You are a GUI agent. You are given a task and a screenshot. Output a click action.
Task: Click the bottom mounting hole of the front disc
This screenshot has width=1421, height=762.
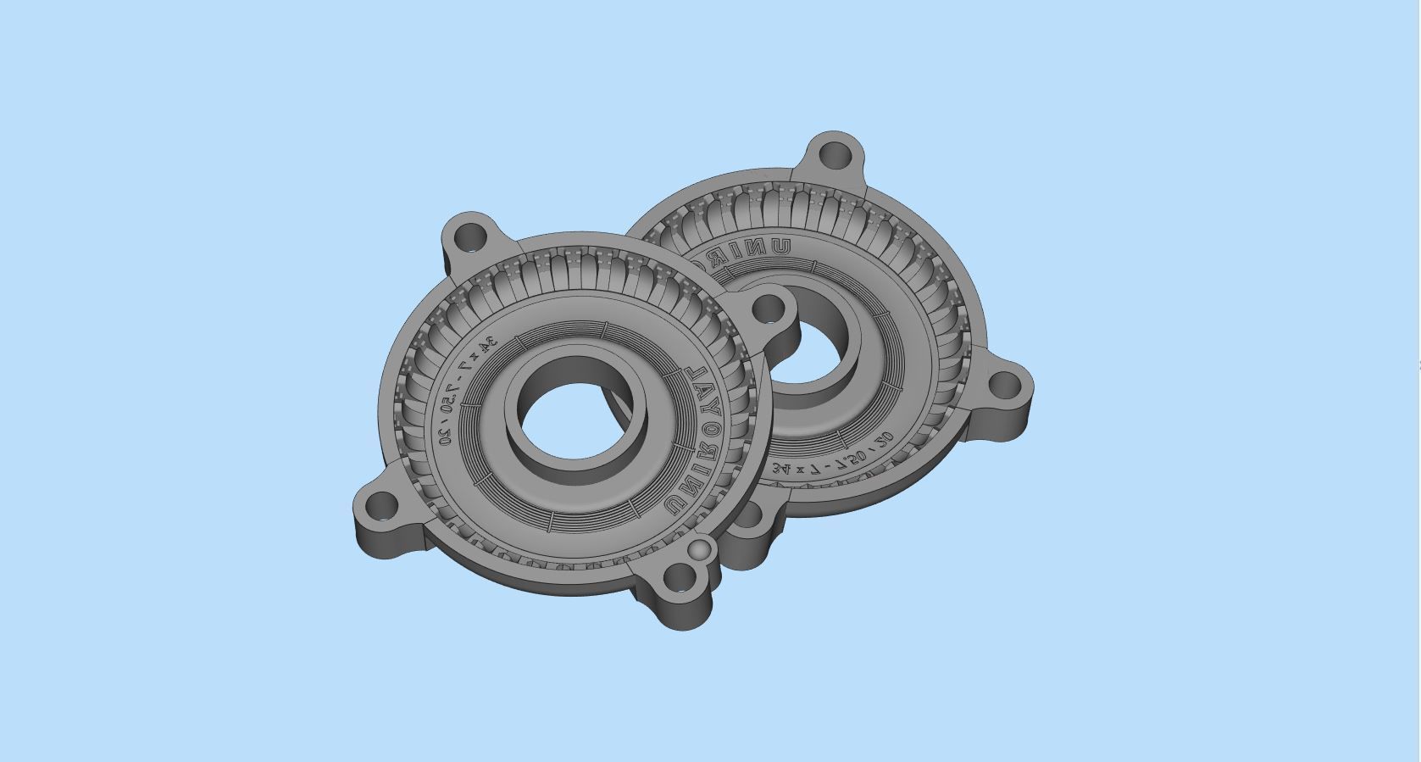[x=678, y=581]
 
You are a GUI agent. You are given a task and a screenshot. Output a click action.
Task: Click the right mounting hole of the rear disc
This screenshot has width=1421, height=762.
[x=1005, y=387]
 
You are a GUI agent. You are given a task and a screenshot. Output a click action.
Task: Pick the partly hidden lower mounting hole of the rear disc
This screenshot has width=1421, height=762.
[x=751, y=513]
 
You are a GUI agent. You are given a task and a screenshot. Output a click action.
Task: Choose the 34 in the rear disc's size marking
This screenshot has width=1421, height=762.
[x=780, y=467]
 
